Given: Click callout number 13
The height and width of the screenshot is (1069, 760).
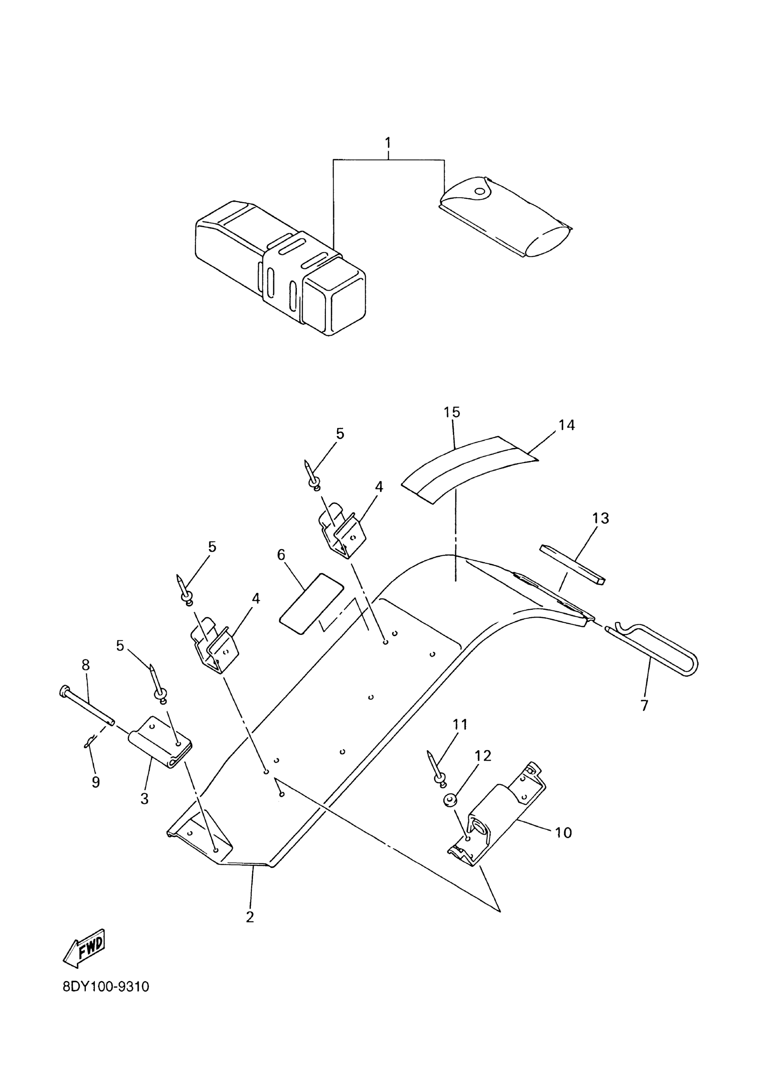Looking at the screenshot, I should (x=601, y=518).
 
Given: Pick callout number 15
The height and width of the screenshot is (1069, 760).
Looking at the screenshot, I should (x=452, y=412).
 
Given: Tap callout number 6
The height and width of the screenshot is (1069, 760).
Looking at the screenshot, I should (x=281, y=555).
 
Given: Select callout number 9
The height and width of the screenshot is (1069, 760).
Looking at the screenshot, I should (x=96, y=782).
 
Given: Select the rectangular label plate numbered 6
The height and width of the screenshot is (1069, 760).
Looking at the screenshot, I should (x=311, y=604).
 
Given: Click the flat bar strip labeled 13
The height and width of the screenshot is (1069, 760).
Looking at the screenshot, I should (x=572, y=564).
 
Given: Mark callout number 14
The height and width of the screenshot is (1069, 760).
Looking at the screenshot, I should (x=566, y=425).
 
